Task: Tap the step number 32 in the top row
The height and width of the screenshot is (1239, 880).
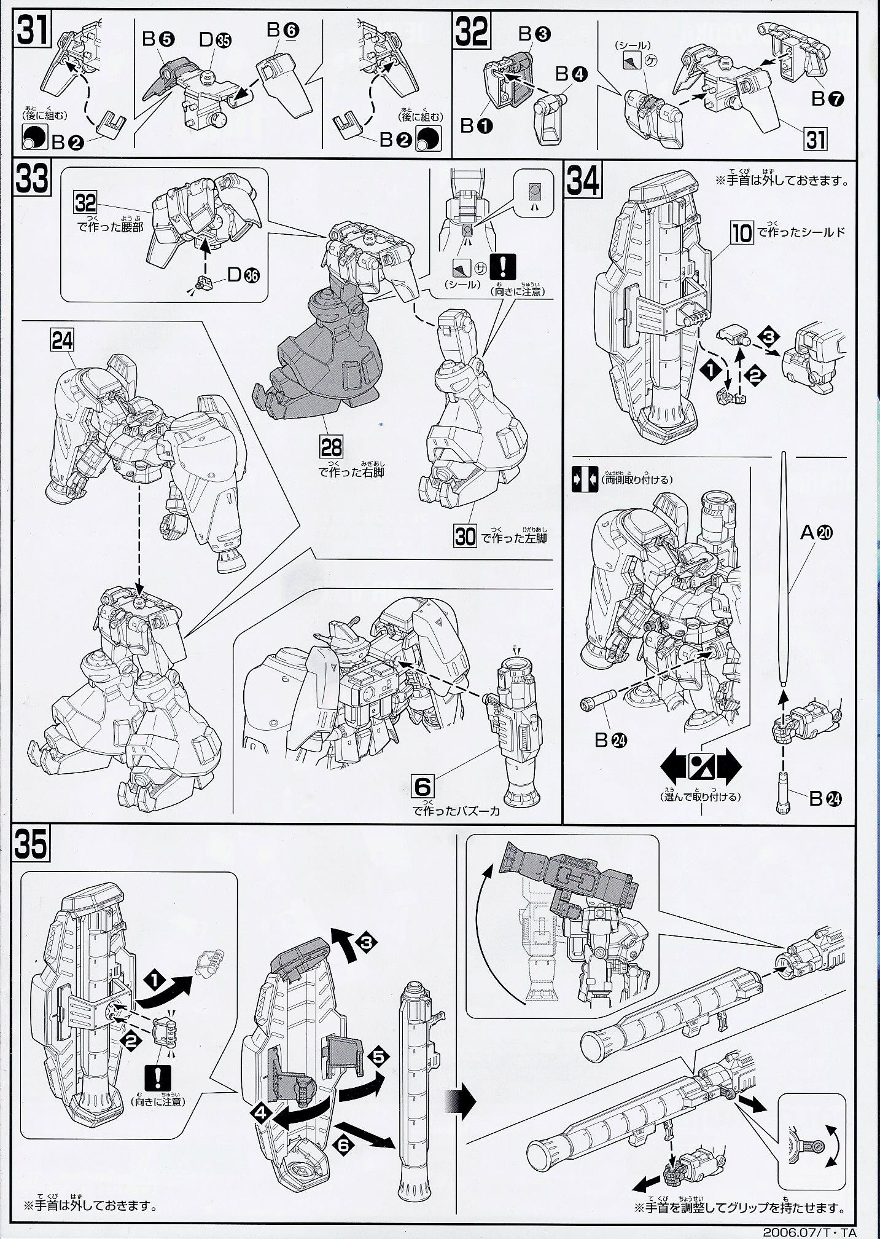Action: [x=472, y=28]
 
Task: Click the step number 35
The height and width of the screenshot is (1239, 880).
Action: [x=31, y=846]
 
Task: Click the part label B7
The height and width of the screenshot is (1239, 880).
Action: [x=823, y=98]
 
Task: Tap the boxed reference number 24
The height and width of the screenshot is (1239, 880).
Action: [x=63, y=340]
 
